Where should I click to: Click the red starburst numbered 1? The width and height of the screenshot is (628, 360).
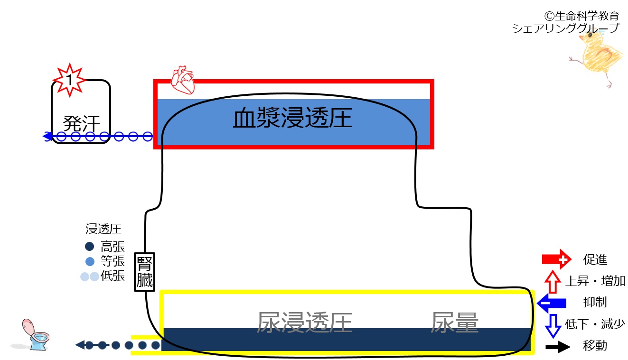[x=69, y=80]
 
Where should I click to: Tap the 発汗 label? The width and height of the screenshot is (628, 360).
[x=82, y=123]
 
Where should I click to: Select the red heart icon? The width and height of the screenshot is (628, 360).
[x=183, y=80]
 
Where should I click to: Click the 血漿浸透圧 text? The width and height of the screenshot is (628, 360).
[x=292, y=118]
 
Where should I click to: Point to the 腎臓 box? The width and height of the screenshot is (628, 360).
[x=144, y=272]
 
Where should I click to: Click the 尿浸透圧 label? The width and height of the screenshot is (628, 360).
[x=304, y=323]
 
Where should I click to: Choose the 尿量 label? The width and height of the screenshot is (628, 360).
[x=454, y=323]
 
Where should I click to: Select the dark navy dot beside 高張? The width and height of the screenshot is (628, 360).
[x=89, y=247]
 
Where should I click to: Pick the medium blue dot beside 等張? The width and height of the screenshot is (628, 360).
[x=90, y=261]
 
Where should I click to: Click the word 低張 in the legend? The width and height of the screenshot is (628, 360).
[x=112, y=276]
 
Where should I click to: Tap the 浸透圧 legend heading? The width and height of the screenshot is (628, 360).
[x=103, y=229]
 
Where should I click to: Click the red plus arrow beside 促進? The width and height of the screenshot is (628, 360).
[x=556, y=259]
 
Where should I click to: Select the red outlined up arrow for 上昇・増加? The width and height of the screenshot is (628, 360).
[x=553, y=282]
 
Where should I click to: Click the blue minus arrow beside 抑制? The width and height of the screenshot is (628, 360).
[x=552, y=303]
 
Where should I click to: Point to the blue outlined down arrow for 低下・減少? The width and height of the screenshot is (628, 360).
[x=553, y=326]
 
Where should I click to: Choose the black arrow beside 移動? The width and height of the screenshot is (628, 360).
[x=558, y=347]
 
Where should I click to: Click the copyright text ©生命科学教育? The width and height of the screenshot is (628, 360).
[x=581, y=16]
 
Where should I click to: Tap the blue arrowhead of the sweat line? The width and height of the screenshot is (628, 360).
[x=47, y=137]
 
